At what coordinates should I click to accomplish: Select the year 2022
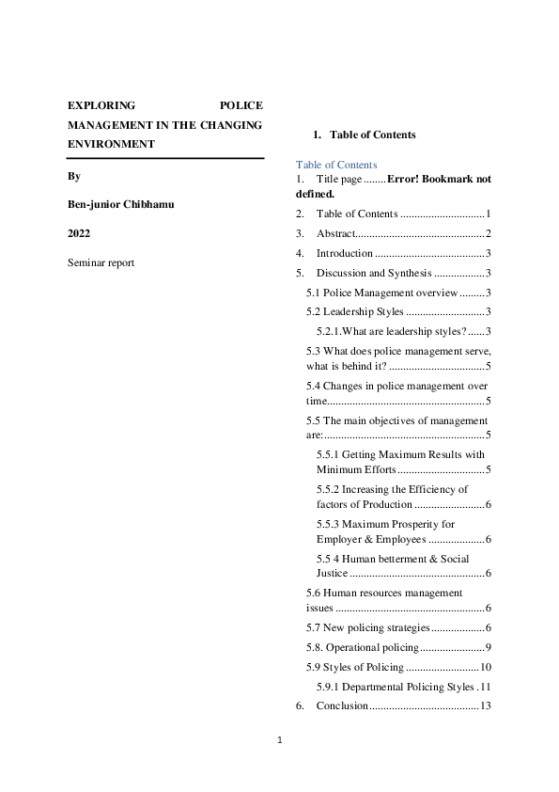click(79, 232)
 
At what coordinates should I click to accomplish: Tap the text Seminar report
click(101, 262)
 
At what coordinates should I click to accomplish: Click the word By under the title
click(74, 176)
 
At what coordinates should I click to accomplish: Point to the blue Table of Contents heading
click(336, 165)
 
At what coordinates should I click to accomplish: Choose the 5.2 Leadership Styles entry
click(355, 311)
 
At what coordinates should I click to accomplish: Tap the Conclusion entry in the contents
click(342, 705)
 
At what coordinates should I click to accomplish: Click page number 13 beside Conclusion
click(486, 705)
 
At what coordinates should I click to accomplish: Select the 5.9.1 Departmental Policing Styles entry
click(395, 687)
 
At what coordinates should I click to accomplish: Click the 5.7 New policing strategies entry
click(367, 627)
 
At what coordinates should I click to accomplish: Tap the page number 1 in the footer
click(279, 740)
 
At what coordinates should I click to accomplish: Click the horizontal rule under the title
click(165, 158)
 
